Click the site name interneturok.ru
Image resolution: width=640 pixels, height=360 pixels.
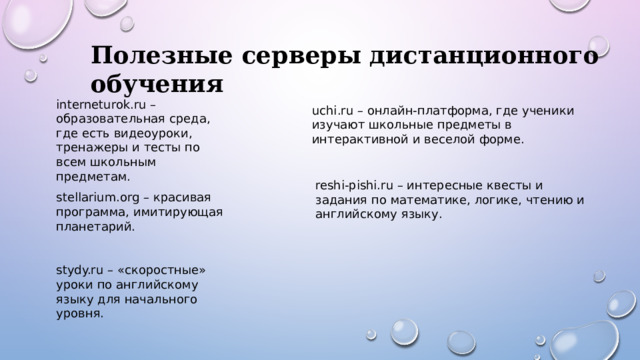(x=102, y=104)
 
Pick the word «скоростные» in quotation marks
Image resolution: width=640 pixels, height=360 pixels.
(x=159, y=270)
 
